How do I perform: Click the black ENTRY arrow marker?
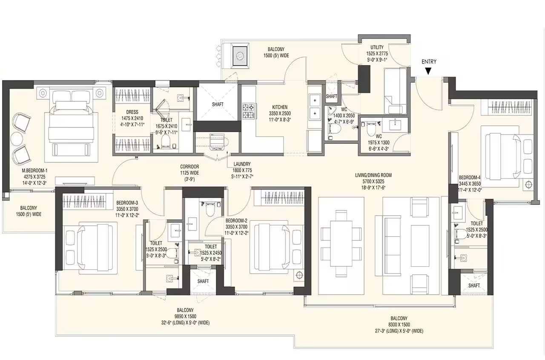[x=428, y=71]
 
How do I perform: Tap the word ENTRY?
[x=429, y=62]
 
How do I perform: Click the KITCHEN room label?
[x=280, y=107]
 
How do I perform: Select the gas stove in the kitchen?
[x=249, y=111]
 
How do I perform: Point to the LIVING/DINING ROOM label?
[x=373, y=175]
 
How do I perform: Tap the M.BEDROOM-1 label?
[x=34, y=171]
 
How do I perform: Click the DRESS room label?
[x=132, y=112]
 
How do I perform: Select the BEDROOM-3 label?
[x=127, y=203]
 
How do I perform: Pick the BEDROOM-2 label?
[x=236, y=221]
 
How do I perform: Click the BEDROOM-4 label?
[x=470, y=178]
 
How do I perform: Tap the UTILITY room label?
[x=377, y=47]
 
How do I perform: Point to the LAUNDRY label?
[x=242, y=164]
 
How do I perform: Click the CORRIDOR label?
[x=189, y=167]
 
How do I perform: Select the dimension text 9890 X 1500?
[x=185, y=317]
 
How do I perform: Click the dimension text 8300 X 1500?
[x=399, y=325]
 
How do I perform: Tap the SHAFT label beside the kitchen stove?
[x=218, y=104]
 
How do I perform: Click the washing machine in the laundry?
[x=218, y=142]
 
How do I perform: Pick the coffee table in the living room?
[x=420, y=246]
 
